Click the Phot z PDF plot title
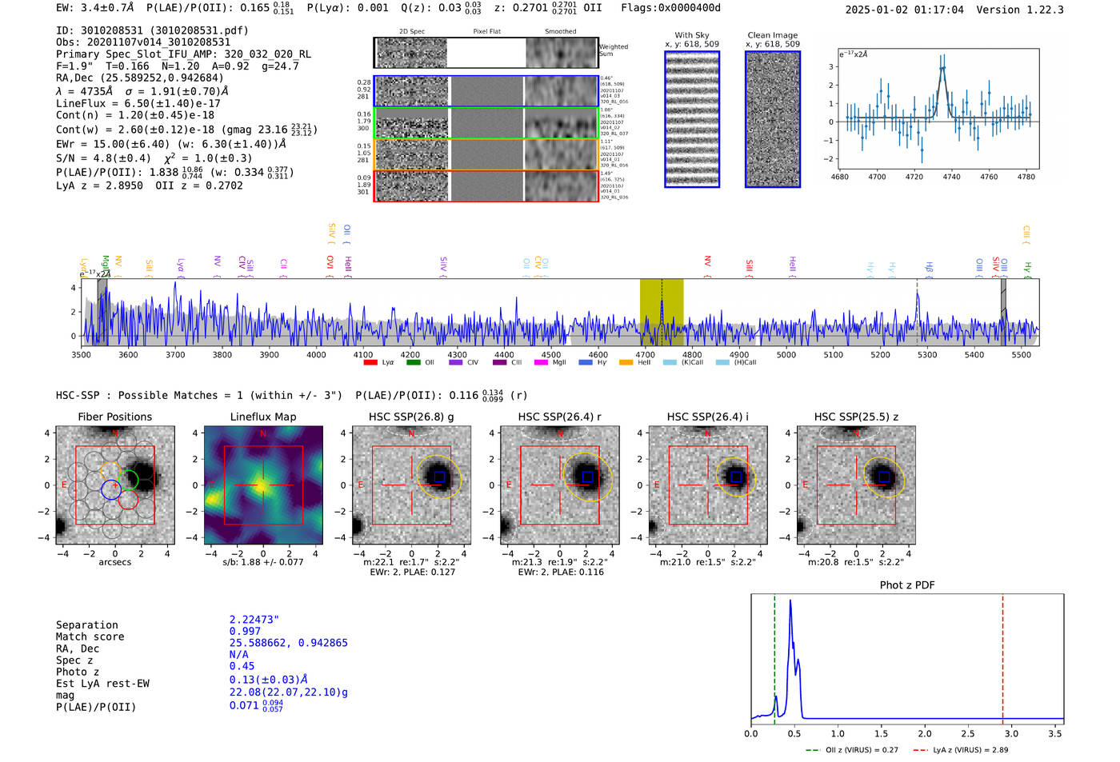(x=906, y=585)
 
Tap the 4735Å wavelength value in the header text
(x=96, y=91)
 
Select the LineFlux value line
(x=138, y=103)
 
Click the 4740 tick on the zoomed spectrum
(x=951, y=177)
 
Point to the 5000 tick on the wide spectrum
(x=786, y=354)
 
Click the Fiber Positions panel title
(x=114, y=417)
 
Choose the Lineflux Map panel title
(x=262, y=417)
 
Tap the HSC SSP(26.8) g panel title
(x=411, y=417)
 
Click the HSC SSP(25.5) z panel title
(x=856, y=417)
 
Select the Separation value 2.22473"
(x=254, y=620)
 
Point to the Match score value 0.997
(x=245, y=631)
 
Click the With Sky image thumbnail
(x=692, y=119)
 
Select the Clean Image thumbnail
(x=773, y=119)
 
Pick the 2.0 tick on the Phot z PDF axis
(x=924, y=733)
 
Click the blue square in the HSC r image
(x=588, y=477)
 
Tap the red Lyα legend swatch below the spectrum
(x=370, y=363)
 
